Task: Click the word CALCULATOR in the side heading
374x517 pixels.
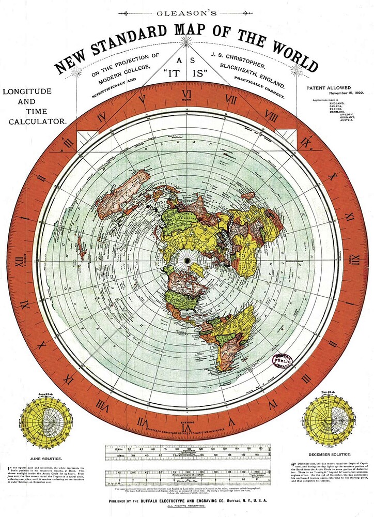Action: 35,121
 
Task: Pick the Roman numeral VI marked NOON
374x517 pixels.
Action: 187,95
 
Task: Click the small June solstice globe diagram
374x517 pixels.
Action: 43,420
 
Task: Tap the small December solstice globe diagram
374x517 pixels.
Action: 330,420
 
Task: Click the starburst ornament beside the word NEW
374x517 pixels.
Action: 76,71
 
